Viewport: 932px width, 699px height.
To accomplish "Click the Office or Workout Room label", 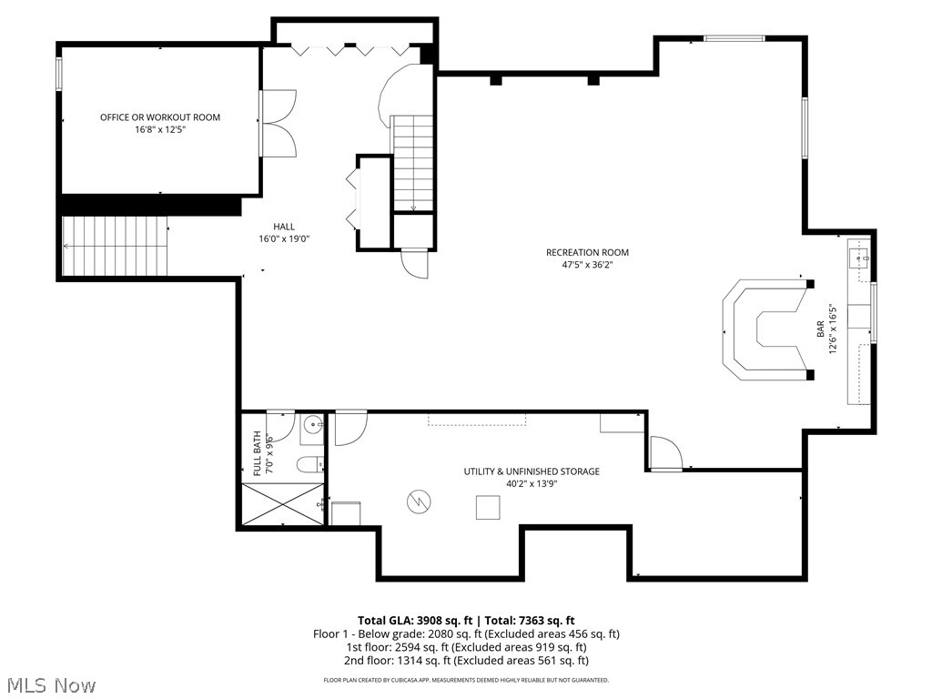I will point(160,117).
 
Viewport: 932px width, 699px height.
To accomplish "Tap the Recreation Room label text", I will point(587,253).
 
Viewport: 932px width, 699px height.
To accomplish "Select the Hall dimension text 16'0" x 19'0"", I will point(284,239).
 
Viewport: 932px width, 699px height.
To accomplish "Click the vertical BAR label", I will point(821,329).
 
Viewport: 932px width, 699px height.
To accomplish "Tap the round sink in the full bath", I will point(312,425).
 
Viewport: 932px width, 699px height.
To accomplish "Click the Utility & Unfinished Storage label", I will point(532,471).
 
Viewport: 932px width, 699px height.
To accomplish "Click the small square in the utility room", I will point(487,507).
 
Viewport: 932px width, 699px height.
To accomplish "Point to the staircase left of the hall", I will point(116,246).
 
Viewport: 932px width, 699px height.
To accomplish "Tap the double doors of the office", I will point(277,124).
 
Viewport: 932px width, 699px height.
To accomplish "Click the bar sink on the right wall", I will point(860,258).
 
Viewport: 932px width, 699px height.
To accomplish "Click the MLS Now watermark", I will point(50,684).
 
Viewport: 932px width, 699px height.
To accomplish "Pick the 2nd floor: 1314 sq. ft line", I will point(465,661).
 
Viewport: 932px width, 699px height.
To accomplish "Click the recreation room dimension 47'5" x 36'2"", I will point(587,266).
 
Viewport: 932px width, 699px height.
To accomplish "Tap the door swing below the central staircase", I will point(413,264).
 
